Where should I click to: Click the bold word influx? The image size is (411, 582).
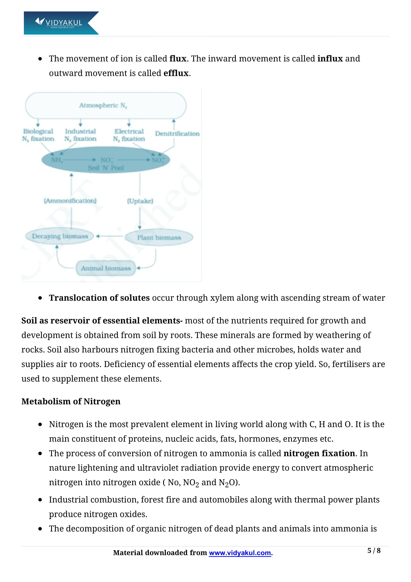pyautogui.click(x=330, y=58)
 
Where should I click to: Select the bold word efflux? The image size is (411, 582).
pyautogui.click(x=176, y=73)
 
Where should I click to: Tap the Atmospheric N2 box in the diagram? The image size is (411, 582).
pyautogui.click(x=106, y=105)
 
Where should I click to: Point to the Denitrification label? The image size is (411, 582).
pyautogui.click(x=177, y=134)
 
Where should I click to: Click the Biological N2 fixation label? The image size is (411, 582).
pyautogui.click(x=38, y=135)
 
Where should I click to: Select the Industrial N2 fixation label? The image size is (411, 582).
pyautogui.click(x=80, y=135)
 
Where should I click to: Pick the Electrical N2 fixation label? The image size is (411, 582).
pyautogui.click(x=129, y=135)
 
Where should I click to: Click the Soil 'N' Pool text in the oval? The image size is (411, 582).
pyautogui.click(x=106, y=168)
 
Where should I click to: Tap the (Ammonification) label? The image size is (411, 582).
pyautogui.click(x=70, y=201)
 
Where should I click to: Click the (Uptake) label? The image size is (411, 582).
pyautogui.click(x=140, y=201)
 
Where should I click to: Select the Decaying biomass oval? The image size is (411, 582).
pyautogui.click(x=60, y=236)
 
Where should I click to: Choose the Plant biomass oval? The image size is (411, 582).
pyautogui.click(x=159, y=238)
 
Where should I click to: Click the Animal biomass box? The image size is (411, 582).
pyautogui.click(x=106, y=268)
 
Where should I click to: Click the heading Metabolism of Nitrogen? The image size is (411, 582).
pyautogui.click(x=71, y=401)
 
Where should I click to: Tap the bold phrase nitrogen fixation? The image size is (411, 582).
pyautogui.click(x=319, y=453)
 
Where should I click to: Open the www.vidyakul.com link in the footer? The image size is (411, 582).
pyautogui.click(x=240, y=553)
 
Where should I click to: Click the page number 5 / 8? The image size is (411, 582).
pyautogui.click(x=374, y=551)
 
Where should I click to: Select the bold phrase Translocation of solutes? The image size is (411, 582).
pyautogui.click(x=99, y=298)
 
